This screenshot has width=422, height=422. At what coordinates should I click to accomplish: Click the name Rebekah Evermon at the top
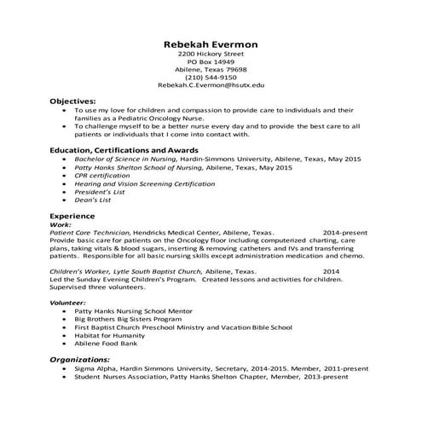click(211, 44)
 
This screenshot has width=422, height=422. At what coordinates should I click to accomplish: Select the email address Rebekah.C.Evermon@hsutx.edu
click(211, 86)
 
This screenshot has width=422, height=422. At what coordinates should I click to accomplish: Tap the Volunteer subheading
click(68, 303)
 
